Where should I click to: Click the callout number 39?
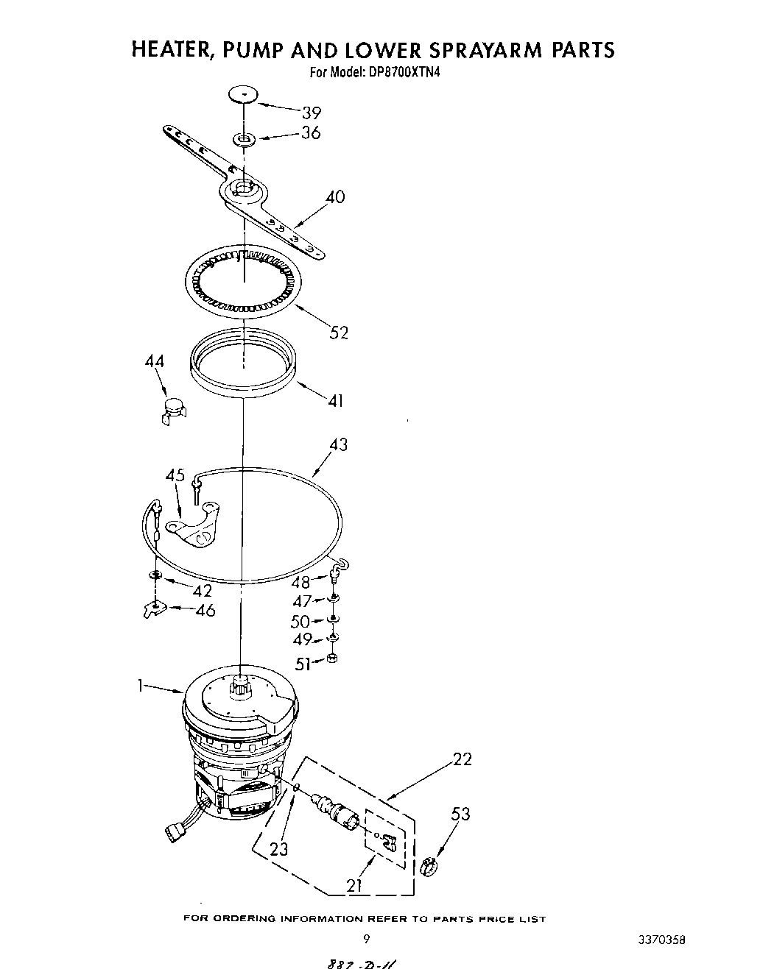(x=312, y=113)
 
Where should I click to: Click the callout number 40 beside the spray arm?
(x=335, y=197)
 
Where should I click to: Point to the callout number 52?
(x=339, y=333)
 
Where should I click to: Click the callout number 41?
(x=335, y=401)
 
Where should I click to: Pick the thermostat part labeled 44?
(x=174, y=407)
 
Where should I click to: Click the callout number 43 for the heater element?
(x=338, y=444)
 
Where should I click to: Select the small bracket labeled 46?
(x=151, y=610)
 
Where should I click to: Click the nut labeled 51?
(x=332, y=658)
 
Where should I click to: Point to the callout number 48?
(x=301, y=582)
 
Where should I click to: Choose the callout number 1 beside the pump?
(x=139, y=686)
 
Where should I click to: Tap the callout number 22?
(x=463, y=759)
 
